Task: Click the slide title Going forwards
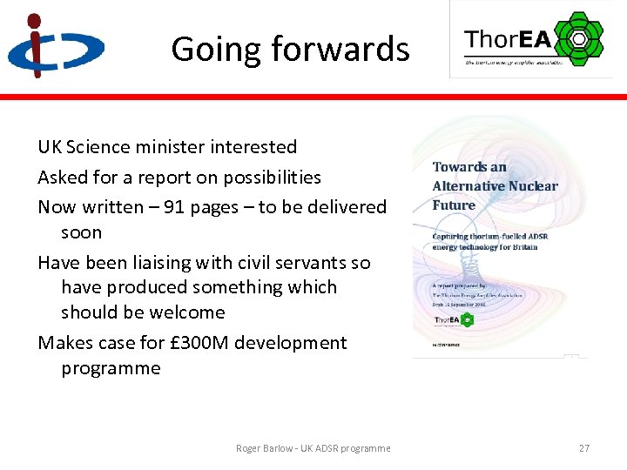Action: (290, 50)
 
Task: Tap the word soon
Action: (81, 232)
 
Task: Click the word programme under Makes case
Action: (111, 368)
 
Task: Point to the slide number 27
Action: (583, 448)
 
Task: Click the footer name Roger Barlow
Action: (265, 448)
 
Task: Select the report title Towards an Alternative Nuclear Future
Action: (494, 186)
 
